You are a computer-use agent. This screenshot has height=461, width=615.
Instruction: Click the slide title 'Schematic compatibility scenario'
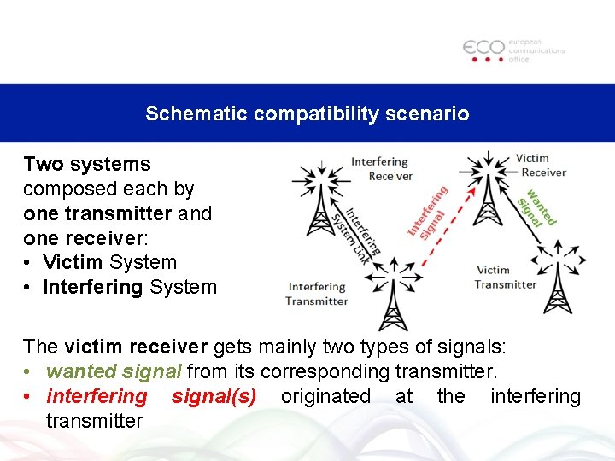(307, 114)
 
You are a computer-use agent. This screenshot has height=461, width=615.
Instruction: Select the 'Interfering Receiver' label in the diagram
(380, 169)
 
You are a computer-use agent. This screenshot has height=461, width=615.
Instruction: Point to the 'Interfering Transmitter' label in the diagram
(317, 294)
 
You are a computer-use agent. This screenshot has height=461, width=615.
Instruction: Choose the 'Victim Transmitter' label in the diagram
(506, 277)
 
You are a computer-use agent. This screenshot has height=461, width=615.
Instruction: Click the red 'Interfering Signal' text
(428, 211)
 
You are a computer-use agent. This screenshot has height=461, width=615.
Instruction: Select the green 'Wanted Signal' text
(537, 207)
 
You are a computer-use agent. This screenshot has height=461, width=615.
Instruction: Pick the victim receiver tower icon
(488, 188)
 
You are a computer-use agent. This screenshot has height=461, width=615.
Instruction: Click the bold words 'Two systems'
(87, 164)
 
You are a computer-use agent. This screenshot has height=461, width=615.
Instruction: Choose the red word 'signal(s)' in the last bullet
(214, 396)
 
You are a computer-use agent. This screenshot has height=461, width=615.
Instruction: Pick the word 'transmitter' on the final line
(94, 421)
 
